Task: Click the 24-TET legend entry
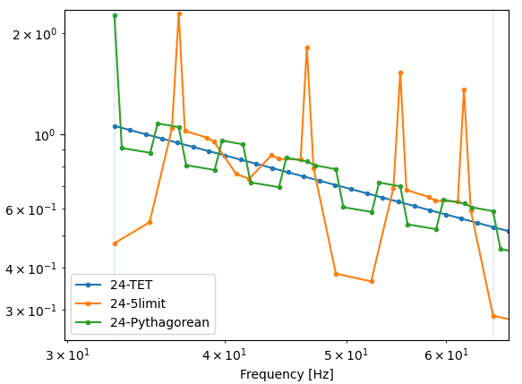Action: pyautogui.click(x=131, y=285)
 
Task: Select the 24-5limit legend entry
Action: pyautogui.click(x=138, y=303)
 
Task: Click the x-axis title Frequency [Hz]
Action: pyautogui.click(x=287, y=374)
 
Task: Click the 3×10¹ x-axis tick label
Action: pyautogui.click(x=67, y=355)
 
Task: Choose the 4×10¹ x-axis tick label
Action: pyautogui.click(x=225, y=355)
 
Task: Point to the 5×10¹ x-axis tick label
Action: pyautogui.click(x=347, y=355)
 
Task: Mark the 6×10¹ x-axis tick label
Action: pyautogui.click(x=446, y=355)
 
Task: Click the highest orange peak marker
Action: pyautogui.click(x=179, y=14)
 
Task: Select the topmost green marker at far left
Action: pyautogui.click(x=115, y=15)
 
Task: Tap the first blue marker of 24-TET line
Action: pyautogui.click(x=115, y=126)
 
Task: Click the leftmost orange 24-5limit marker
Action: pyautogui.click(x=115, y=243)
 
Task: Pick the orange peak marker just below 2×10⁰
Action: pyautogui.click(x=307, y=48)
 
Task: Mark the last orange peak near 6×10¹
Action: pyautogui.click(x=464, y=90)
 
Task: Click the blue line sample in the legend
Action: pyautogui.click(x=89, y=285)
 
